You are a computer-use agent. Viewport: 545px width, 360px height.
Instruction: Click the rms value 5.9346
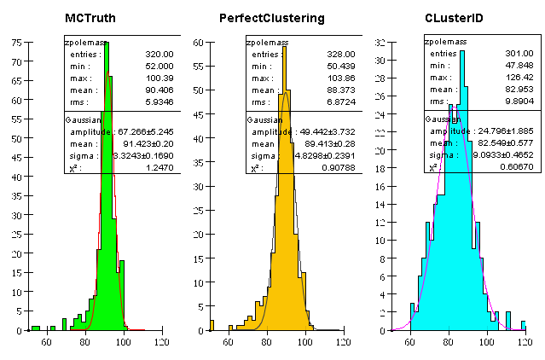[159, 102]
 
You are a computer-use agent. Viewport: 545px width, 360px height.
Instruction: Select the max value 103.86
[340, 78]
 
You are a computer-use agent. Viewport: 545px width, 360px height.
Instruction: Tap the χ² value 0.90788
[339, 167]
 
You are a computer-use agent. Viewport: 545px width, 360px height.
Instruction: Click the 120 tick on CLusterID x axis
[525, 342]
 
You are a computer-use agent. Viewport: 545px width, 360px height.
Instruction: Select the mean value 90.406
[159, 90]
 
